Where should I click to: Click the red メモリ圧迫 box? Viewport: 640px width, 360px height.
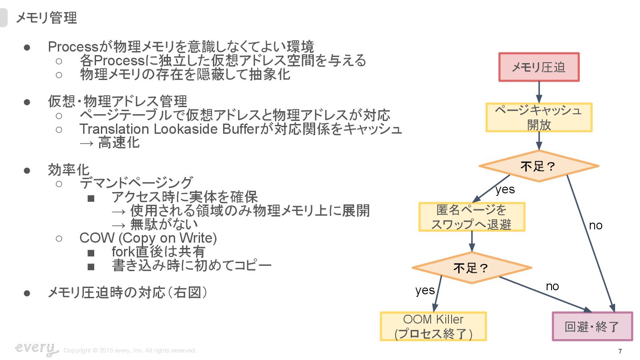[x=539, y=67]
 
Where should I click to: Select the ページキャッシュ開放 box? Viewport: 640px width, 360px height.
[x=539, y=117]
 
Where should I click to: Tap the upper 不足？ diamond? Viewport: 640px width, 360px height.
[x=539, y=166]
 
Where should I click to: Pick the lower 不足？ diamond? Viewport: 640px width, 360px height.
[x=472, y=268]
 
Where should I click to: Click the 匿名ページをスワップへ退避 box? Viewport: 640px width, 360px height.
[x=472, y=217]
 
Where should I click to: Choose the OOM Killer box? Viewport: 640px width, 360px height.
[x=433, y=326]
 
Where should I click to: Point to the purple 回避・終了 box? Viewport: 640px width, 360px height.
[x=592, y=327]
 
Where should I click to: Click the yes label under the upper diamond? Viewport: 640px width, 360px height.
[x=505, y=189]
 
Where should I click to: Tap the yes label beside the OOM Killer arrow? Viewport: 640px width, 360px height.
[x=425, y=290]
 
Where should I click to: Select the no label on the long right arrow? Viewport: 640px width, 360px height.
[x=596, y=225]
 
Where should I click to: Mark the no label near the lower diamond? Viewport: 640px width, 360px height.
[x=552, y=286]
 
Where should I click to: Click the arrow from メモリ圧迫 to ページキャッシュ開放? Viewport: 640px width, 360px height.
[x=539, y=92]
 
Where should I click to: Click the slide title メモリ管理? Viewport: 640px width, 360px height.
[x=46, y=18]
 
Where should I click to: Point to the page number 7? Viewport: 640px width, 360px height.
[x=620, y=351]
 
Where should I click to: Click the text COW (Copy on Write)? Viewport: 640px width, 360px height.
[x=148, y=238]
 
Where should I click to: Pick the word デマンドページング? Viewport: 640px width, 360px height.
[x=136, y=182]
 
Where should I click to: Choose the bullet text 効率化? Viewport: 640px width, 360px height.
[x=68, y=169]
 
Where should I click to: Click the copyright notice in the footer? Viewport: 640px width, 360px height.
[x=130, y=351]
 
